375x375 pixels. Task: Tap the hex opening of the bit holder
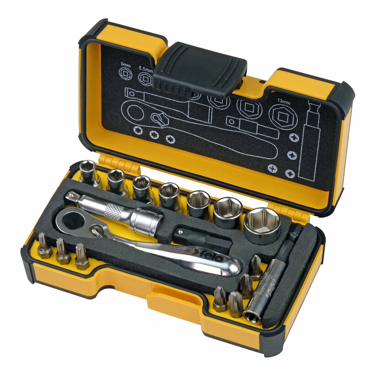click(x=251, y=315)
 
